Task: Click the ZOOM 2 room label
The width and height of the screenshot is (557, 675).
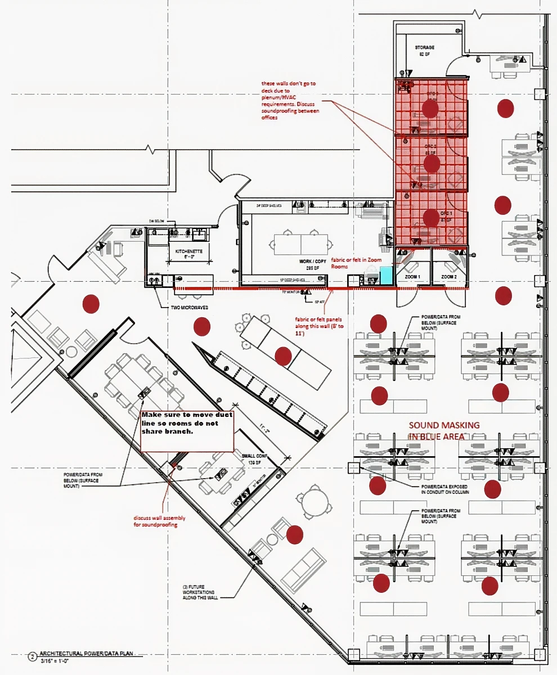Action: [449, 277]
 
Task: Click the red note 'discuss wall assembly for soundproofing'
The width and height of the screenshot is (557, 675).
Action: [158, 520]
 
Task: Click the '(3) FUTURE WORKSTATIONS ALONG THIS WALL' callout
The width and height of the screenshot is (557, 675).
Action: [197, 592]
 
